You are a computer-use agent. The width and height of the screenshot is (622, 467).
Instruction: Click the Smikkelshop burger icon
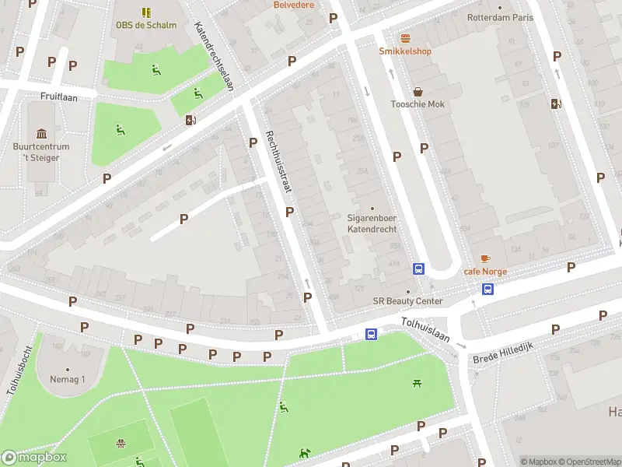[x=405, y=38]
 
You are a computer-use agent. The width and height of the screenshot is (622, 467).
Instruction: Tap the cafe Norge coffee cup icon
[x=485, y=258]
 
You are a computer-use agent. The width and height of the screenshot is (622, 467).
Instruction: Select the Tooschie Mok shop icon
[x=418, y=91]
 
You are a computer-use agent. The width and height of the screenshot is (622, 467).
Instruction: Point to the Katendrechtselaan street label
[x=214, y=56]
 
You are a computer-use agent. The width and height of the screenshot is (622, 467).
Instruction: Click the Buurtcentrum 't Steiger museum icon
[x=40, y=134]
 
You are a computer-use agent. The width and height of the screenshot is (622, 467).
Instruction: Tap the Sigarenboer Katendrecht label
[x=372, y=224]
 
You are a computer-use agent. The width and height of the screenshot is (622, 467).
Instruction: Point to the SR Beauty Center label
[x=407, y=301]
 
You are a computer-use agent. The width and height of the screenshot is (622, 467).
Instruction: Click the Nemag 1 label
[x=68, y=378]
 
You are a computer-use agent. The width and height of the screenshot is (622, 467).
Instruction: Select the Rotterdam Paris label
[x=500, y=17]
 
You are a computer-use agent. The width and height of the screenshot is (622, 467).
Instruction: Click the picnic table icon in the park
[x=418, y=382]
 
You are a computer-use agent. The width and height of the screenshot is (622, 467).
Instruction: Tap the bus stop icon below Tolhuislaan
[x=372, y=335]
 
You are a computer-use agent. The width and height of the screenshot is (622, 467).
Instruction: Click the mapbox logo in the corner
[x=34, y=458]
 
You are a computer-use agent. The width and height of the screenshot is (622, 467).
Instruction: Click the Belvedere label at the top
[x=293, y=4]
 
